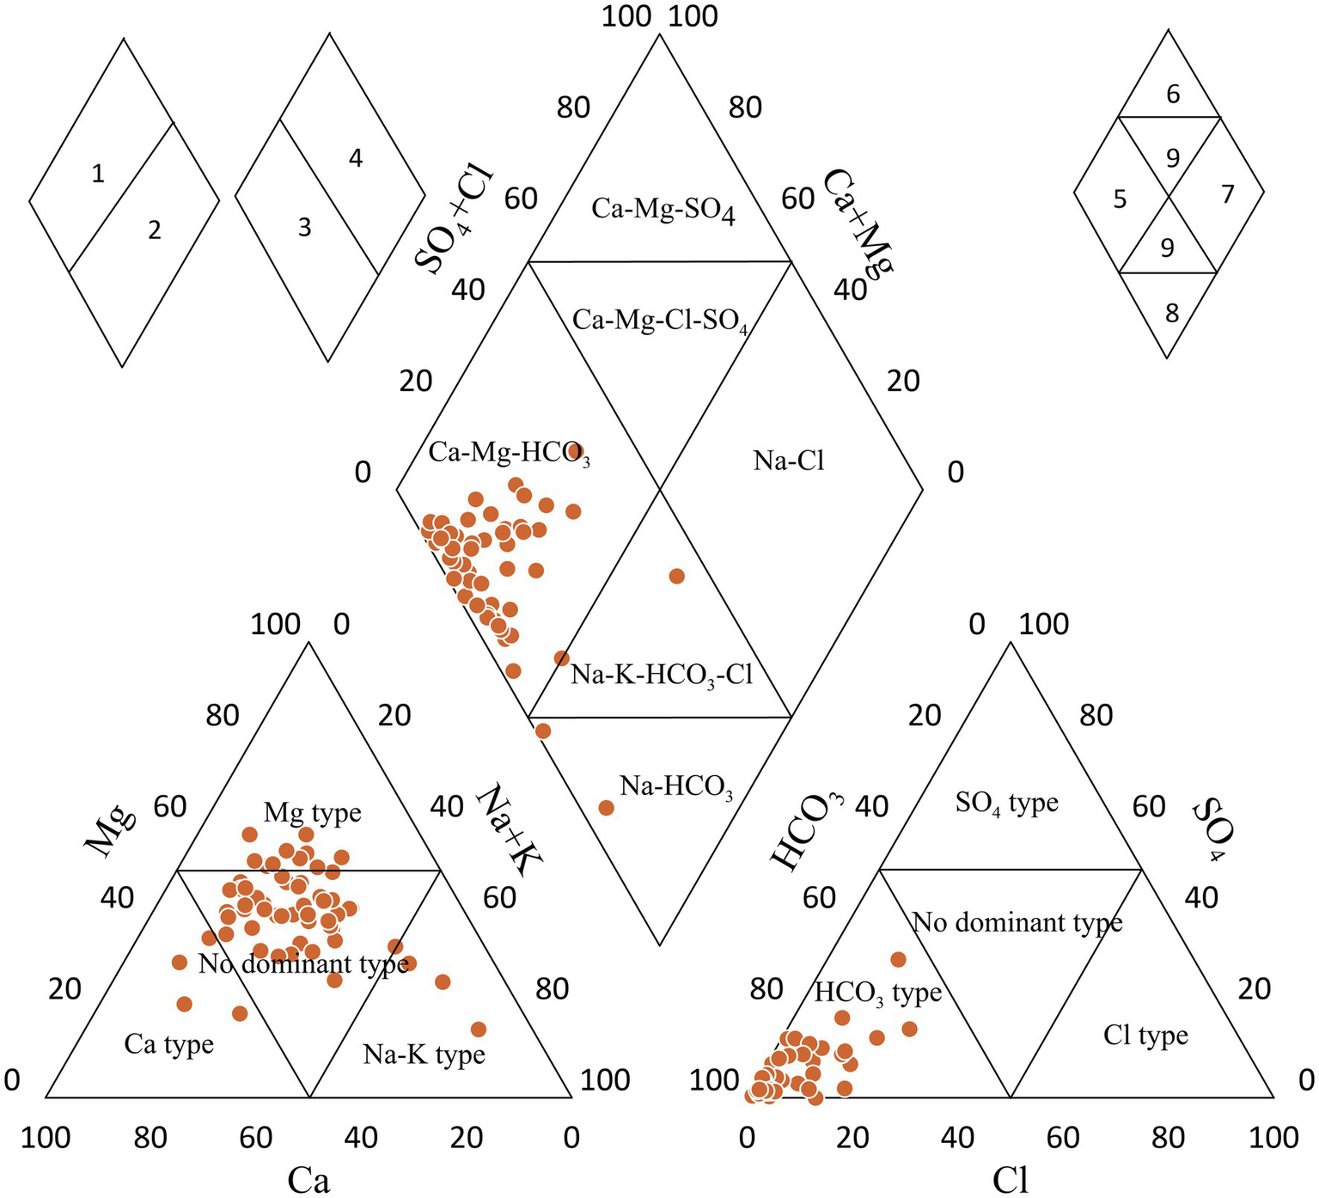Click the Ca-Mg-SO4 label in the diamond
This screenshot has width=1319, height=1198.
pyautogui.click(x=663, y=209)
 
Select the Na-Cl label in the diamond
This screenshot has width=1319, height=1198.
pyautogui.click(x=789, y=461)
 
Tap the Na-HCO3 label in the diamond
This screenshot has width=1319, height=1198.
pyautogui.click(x=676, y=786)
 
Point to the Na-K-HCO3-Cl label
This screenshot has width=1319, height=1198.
pyautogui.click(x=662, y=675)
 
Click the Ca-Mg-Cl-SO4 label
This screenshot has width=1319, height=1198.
pyautogui.click(x=660, y=321)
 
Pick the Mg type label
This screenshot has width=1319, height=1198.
pyautogui.click(x=312, y=812)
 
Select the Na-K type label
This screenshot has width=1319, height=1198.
pyautogui.click(x=424, y=1054)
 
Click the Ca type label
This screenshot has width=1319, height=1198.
pyautogui.click(x=169, y=1044)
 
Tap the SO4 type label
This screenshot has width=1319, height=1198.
pyautogui.click(x=1006, y=804)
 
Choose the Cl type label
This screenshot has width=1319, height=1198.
pyautogui.click(x=1145, y=1036)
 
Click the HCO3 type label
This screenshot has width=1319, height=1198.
pyautogui.click(x=877, y=993)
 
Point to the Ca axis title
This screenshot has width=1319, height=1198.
pyautogui.click(x=308, y=1181)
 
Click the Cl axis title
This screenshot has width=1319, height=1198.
pyautogui.click(x=1010, y=1181)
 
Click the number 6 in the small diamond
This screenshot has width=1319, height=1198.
pyautogui.click(x=1173, y=95)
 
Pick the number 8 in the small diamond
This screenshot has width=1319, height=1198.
pyautogui.click(x=1172, y=314)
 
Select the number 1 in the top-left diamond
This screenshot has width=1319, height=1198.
pyautogui.click(x=98, y=174)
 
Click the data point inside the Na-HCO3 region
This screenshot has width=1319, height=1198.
pyautogui.click(x=606, y=808)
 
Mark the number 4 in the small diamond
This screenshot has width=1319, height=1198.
pyautogui.click(x=356, y=158)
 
